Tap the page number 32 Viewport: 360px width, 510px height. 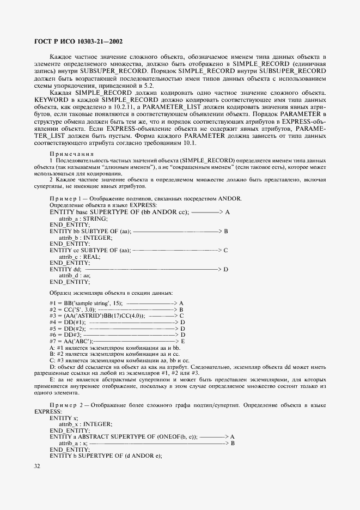pos(38,466)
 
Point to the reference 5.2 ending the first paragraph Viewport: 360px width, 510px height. pos(148,86)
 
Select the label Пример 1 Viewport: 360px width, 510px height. pos(66,198)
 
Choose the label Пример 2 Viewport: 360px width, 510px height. pos(66,405)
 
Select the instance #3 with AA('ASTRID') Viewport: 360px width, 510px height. pos(97,315)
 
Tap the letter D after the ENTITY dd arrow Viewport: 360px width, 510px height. pos(225,269)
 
